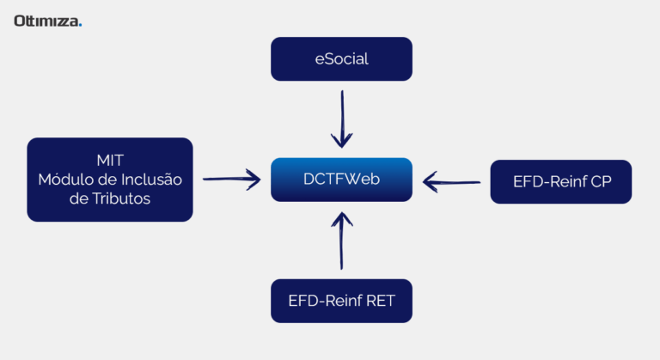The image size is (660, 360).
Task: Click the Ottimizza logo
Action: (x=47, y=21)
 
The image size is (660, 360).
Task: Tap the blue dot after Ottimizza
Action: (x=80, y=25)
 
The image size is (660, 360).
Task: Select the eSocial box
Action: (x=341, y=59)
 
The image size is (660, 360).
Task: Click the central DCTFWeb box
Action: (x=341, y=180)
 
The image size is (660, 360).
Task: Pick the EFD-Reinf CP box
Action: (x=560, y=181)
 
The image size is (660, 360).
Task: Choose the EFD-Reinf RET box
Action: (x=341, y=301)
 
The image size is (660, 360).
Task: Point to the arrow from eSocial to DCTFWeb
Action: (x=342, y=119)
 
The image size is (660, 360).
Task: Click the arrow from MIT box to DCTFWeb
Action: (x=230, y=179)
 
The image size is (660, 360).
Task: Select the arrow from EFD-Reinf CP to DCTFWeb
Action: (x=452, y=182)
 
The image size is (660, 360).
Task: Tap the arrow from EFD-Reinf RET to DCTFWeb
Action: (x=342, y=241)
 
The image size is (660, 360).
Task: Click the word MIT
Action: (x=109, y=160)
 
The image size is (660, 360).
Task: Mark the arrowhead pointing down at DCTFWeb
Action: (x=342, y=141)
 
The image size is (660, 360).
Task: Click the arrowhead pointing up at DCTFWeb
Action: (x=342, y=219)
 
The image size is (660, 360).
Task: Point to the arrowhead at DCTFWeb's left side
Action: (x=253, y=180)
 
